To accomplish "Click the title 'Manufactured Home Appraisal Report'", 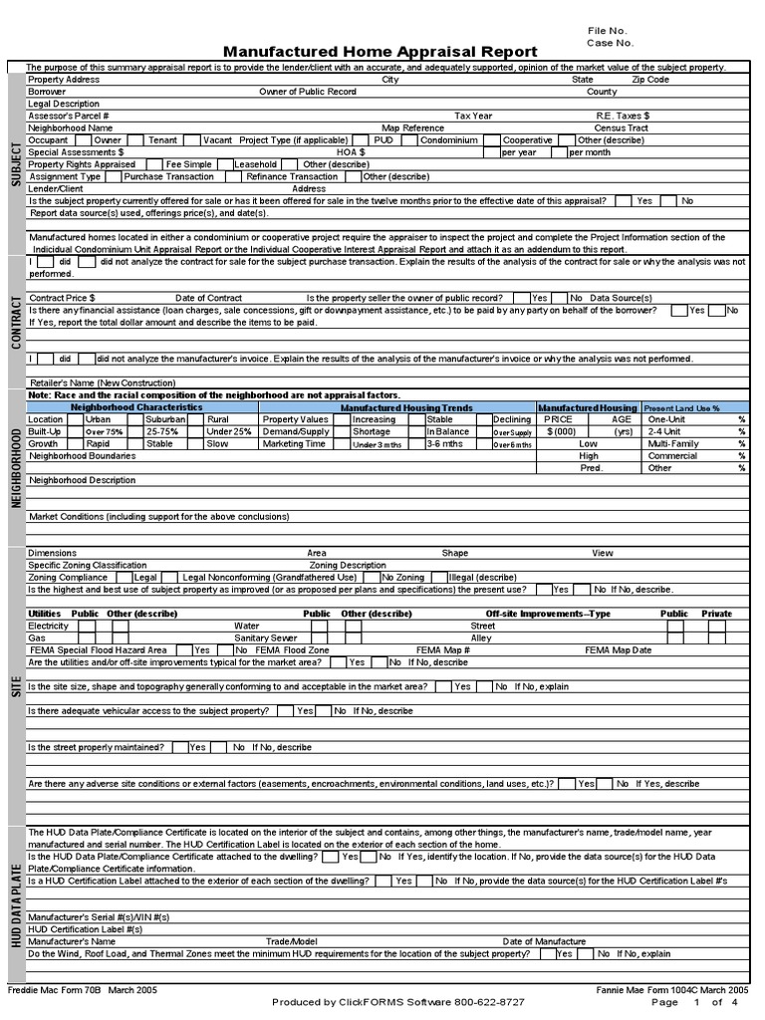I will tap(380, 52).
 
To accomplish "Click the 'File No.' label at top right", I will tap(608, 31).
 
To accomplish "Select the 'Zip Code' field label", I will tap(650, 80).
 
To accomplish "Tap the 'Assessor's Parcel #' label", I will tap(69, 116).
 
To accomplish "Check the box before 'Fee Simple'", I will tap(154, 164).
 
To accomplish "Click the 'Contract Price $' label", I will tap(62, 298).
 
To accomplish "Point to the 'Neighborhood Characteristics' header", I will tap(136, 407).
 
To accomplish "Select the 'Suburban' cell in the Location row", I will tap(165, 420).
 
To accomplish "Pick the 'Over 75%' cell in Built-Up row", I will tap(104, 432).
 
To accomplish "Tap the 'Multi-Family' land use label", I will tap(673, 444).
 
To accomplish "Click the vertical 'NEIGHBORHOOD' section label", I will tap(16, 467).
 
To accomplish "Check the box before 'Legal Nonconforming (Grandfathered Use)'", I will tap(172, 577).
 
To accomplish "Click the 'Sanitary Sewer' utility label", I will tap(266, 637).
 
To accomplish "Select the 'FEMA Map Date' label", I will tap(619, 649).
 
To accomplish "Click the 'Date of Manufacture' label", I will tap(544, 941).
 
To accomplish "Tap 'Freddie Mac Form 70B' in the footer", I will tap(54, 990).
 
